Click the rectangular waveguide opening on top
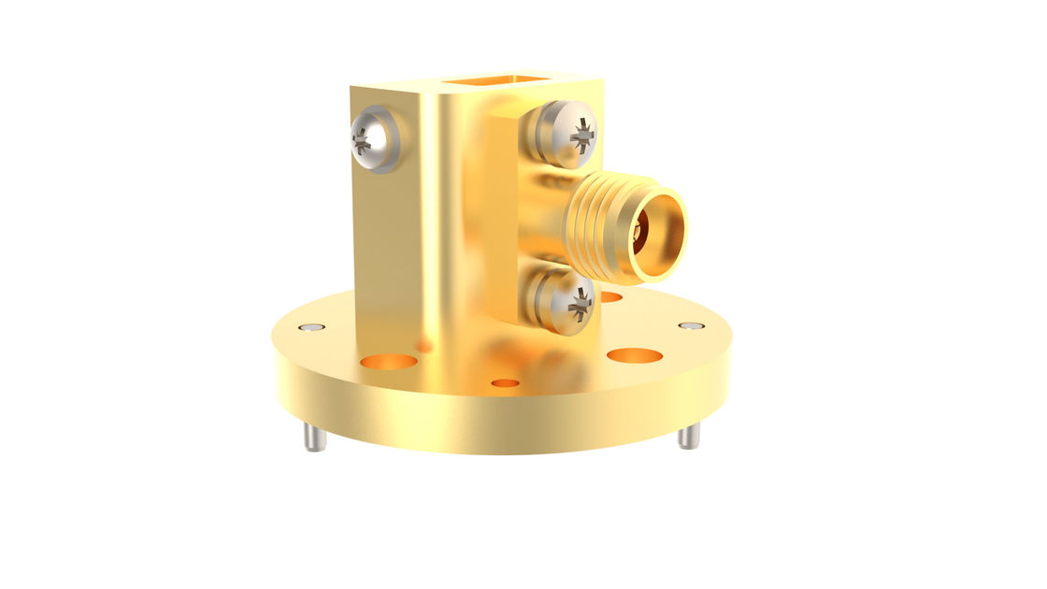495,81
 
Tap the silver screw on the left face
372,140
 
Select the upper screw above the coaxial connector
565,135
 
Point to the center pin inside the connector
639,230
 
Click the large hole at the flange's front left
389,360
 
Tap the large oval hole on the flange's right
635,355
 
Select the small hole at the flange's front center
505,382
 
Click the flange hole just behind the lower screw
610,297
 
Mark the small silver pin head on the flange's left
311,327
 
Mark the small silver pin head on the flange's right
691,325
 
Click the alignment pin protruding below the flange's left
315,437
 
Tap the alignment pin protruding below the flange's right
689,436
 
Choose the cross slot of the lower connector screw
581,301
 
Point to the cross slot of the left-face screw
362,142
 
